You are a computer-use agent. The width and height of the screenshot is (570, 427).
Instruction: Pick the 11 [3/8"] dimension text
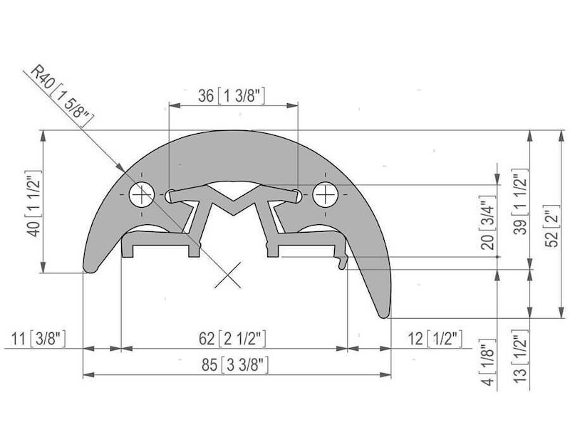pyautogui.click(x=39, y=337)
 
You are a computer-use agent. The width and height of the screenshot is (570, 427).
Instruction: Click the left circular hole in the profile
pyautogui.click(x=142, y=193)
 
